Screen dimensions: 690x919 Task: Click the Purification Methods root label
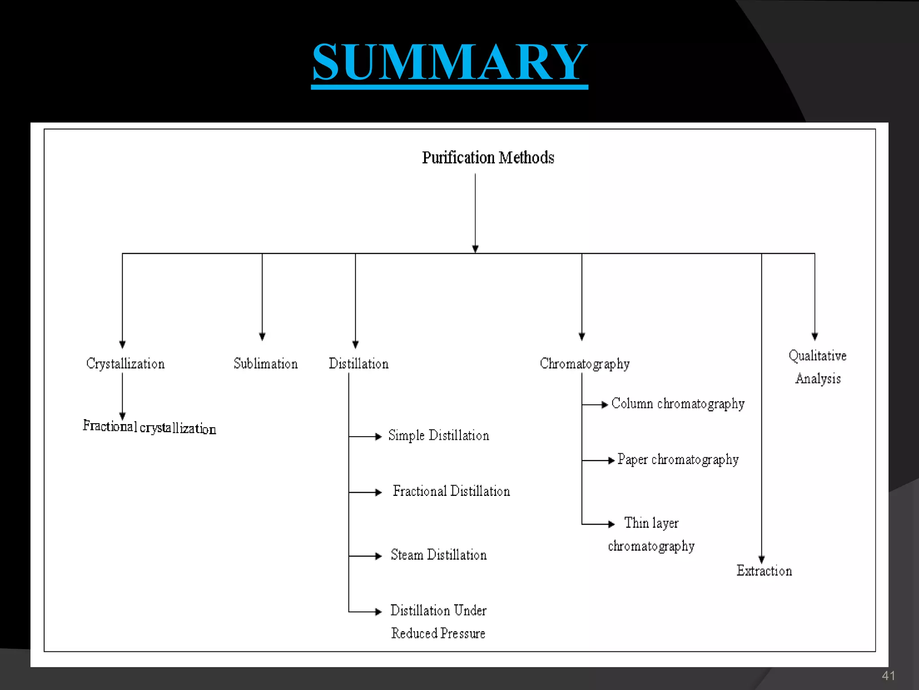pyautogui.click(x=488, y=158)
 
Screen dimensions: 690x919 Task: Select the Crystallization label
pyautogui.click(x=126, y=363)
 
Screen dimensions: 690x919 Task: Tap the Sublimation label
pyautogui.click(x=266, y=363)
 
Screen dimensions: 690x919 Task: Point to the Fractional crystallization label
pyautogui.click(x=149, y=427)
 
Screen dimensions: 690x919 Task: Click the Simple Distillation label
pyautogui.click(x=438, y=435)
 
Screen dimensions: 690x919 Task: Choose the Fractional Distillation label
pyautogui.click(x=451, y=491)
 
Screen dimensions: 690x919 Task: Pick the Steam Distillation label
pyautogui.click(x=438, y=555)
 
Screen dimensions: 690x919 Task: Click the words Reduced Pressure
pyautogui.click(x=438, y=633)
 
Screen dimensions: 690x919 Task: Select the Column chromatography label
pyautogui.click(x=678, y=403)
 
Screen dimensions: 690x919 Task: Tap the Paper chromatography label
pyautogui.click(x=678, y=460)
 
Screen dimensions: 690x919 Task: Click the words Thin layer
pyautogui.click(x=652, y=523)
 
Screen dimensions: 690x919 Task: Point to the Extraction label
pyautogui.click(x=764, y=571)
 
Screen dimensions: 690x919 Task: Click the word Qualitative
pyautogui.click(x=818, y=356)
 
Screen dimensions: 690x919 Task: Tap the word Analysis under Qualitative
pyautogui.click(x=818, y=379)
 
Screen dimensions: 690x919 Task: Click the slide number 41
pyautogui.click(x=888, y=676)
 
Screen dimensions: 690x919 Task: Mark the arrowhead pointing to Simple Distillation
pyautogui.click(x=378, y=436)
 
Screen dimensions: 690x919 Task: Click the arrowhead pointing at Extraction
pyautogui.click(x=761, y=559)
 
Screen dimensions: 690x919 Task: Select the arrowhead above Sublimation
pyautogui.click(x=263, y=336)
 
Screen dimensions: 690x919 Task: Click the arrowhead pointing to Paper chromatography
pyautogui.click(x=611, y=460)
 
